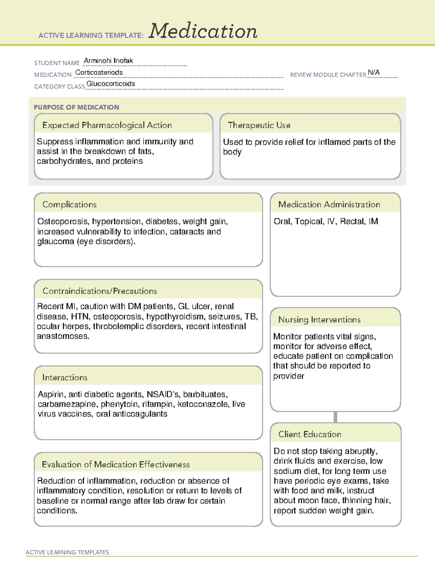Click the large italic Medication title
(x=203, y=31)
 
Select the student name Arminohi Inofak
(x=108, y=61)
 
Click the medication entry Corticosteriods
(x=99, y=73)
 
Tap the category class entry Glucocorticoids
(x=111, y=84)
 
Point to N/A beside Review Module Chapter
(x=374, y=73)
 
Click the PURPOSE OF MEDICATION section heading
(x=76, y=107)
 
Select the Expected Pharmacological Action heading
(x=107, y=125)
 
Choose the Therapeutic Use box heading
(x=259, y=125)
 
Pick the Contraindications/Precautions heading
(x=99, y=291)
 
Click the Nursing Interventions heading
(x=319, y=320)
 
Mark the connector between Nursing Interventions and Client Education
(x=335, y=417)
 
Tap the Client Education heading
(x=310, y=434)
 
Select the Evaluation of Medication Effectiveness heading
(x=116, y=464)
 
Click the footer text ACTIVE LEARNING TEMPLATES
(x=67, y=552)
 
